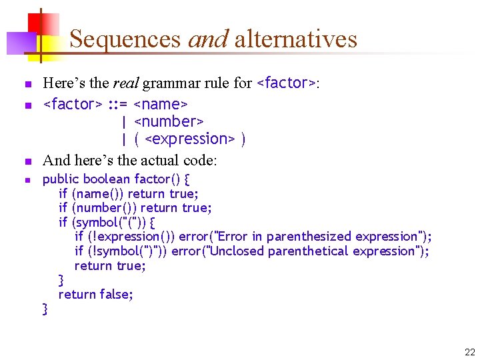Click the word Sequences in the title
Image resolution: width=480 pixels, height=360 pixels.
click(x=125, y=39)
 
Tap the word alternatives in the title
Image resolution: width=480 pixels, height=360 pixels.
click(x=296, y=39)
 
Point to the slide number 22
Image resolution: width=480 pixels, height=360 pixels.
click(x=469, y=352)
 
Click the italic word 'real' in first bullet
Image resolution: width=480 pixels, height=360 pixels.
click(x=125, y=83)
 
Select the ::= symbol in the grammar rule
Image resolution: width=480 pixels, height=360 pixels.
click(x=117, y=104)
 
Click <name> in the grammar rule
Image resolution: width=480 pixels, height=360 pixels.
click(x=161, y=104)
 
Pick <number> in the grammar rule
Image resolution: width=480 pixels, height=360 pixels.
click(x=169, y=121)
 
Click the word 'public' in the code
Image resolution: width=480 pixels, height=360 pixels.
click(x=61, y=179)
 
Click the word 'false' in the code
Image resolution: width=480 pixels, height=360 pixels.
click(x=116, y=294)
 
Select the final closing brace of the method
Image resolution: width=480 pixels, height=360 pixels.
click(x=45, y=308)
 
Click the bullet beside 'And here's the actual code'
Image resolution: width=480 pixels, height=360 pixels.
click(x=27, y=161)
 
